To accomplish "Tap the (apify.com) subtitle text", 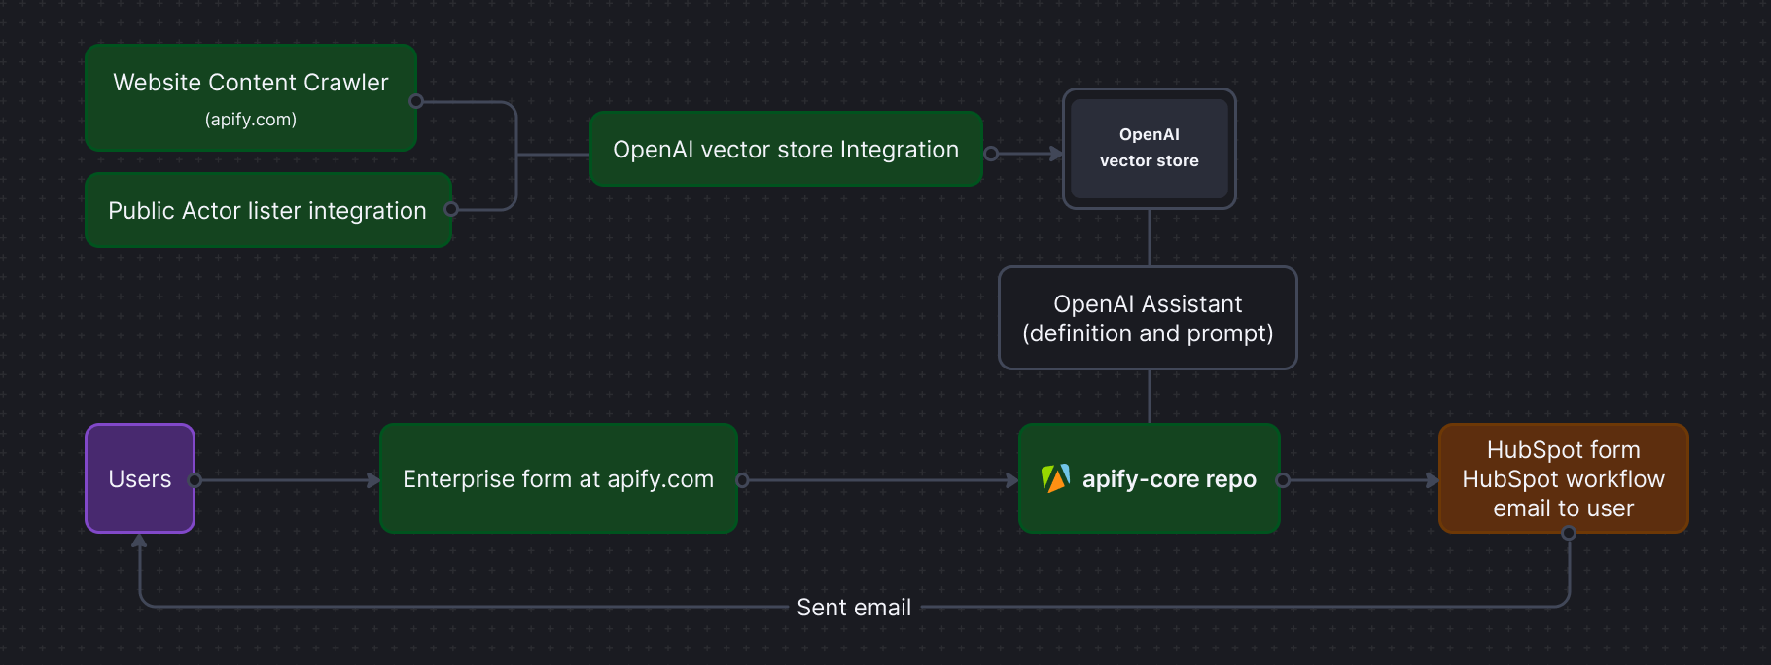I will [x=251, y=120].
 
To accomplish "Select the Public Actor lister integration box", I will [x=267, y=210].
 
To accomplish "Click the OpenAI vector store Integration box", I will [x=786, y=149].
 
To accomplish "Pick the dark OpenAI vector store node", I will [x=1149, y=148].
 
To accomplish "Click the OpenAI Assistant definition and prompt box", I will [x=1148, y=318].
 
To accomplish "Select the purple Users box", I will [x=140, y=478].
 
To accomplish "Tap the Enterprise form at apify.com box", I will [x=558, y=478].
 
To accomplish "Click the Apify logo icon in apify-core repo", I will [x=1055, y=478].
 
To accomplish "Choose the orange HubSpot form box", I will [x=1563, y=478].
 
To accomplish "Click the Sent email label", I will [x=854, y=608].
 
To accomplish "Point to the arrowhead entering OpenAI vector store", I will [x=1056, y=154].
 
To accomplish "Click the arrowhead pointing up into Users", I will [x=140, y=541].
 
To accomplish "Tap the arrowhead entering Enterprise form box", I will [x=373, y=480].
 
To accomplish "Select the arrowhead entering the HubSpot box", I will [x=1433, y=480].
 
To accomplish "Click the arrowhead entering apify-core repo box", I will [x=1012, y=480].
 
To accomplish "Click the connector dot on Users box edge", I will [x=195, y=480].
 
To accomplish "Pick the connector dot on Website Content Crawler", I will [x=416, y=101].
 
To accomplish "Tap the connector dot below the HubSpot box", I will [x=1568, y=533].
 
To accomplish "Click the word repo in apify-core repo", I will [x=1231, y=479].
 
